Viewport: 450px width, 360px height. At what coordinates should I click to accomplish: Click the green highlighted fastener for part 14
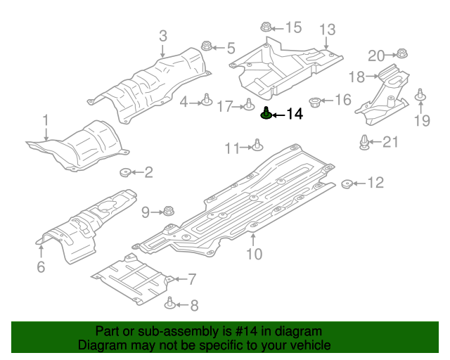tap(267, 113)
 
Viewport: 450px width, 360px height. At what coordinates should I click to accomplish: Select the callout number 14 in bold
tap(295, 114)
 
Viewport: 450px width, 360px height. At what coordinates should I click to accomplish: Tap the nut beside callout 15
tap(266, 27)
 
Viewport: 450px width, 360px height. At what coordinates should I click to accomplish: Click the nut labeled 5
tap(207, 47)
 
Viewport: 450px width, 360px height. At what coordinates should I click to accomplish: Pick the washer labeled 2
tap(127, 172)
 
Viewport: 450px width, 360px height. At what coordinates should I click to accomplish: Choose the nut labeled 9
tap(168, 210)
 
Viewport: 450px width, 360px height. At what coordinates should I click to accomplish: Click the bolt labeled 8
tap(170, 304)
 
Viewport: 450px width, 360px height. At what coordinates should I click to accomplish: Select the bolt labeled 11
tap(257, 146)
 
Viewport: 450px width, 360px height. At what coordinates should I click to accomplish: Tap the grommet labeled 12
tap(347, 184)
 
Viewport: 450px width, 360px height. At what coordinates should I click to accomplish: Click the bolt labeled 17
tap(249, 105)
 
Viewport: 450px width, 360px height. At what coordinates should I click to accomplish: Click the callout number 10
tap(254, 255)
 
